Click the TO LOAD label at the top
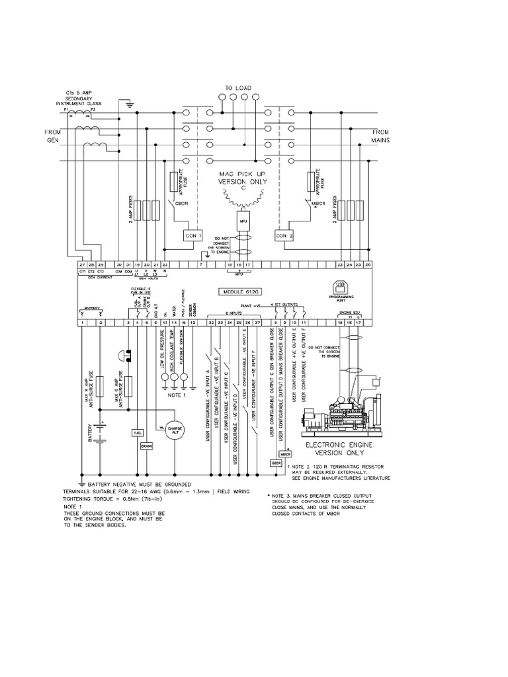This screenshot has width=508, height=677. tap(238, 88)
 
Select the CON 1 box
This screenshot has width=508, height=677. tap(193, 235)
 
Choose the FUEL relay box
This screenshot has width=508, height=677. tap(138, 432)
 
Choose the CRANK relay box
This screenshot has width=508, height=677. tap(147, 446)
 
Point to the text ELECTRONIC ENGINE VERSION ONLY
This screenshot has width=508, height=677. tap(343, 450)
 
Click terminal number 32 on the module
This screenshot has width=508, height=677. tap(211, 322)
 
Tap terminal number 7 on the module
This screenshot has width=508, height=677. tap(200, 265)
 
